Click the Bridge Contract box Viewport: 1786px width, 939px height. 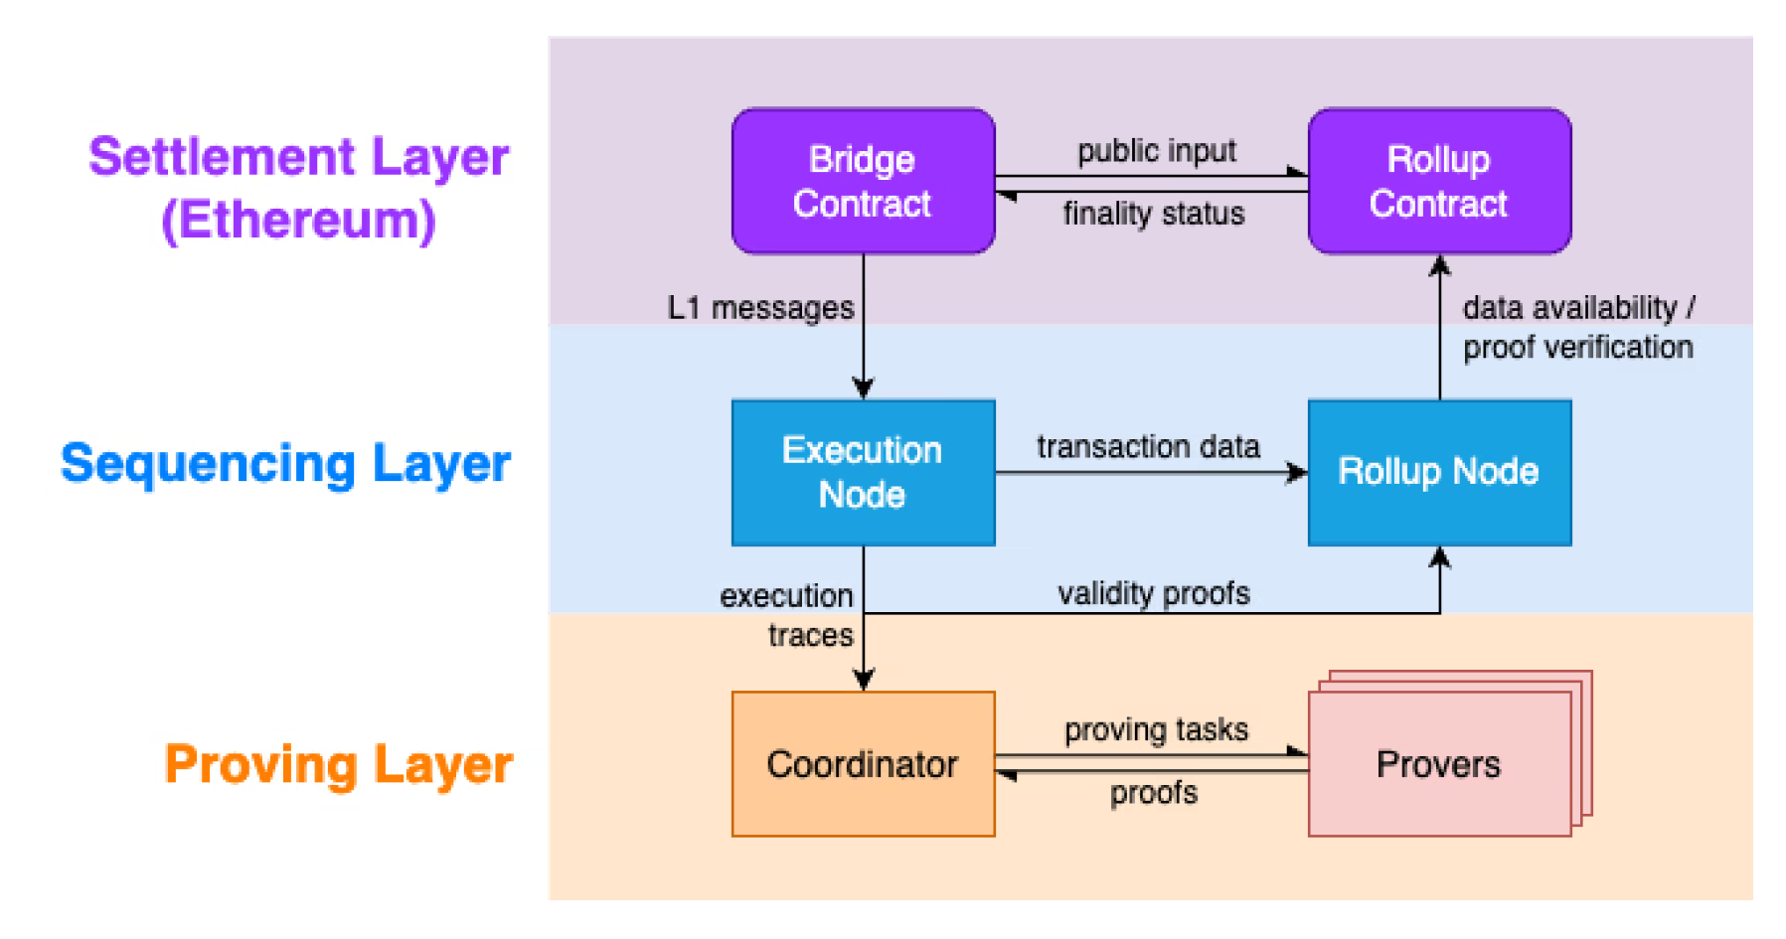863,181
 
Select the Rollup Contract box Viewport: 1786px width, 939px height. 1438,181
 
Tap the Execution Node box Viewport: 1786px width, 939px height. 863,472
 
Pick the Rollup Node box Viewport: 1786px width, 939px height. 1438,472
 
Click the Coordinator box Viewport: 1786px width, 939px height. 863,764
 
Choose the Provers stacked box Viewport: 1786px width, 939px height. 1438,764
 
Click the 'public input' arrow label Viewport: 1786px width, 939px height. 1156,151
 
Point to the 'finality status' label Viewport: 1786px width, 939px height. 1153,214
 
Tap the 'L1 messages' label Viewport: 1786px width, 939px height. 760,308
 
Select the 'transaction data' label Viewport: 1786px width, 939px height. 1148,447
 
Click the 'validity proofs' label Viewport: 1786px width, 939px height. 1153,593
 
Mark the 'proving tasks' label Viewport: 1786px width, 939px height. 1156,729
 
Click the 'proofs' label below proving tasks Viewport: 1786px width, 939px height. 1153,793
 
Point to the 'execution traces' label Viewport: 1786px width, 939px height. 787,615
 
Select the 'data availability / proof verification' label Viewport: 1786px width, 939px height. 1577,327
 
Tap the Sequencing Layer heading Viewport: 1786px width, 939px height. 285,464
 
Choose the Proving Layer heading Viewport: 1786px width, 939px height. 338,764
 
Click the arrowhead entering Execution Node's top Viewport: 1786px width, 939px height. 863,389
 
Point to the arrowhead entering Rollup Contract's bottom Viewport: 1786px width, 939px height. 1439,265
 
